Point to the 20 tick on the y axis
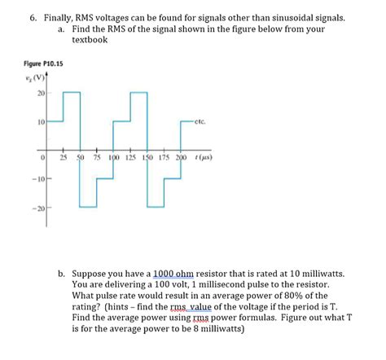tap(37, 92)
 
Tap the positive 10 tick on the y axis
tap(37, 121)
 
